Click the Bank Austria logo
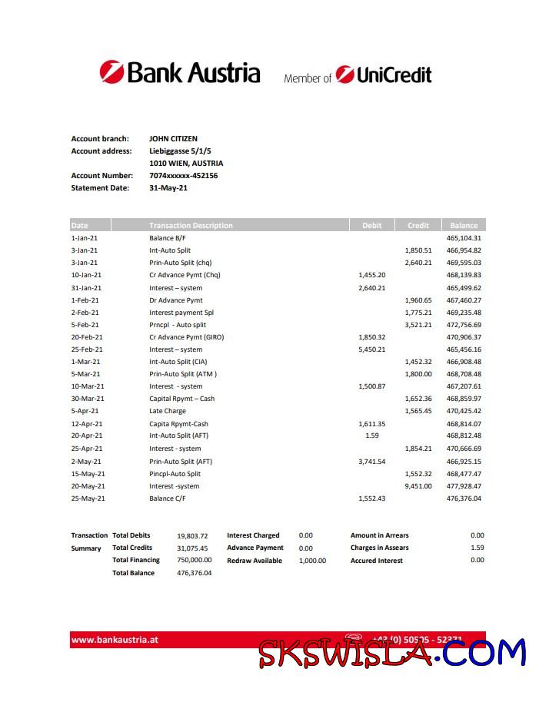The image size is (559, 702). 180,73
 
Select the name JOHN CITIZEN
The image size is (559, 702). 173,139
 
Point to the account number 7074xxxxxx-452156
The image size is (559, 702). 183,176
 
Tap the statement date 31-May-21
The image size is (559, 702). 168,188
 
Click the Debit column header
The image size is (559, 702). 371,226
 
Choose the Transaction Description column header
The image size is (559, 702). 191,226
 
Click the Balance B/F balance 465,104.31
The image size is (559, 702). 464,238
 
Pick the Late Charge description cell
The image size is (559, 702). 168,411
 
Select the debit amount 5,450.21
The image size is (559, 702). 371,349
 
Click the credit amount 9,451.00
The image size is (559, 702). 418,486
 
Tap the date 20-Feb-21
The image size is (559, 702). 86,337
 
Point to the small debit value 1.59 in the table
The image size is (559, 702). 371,436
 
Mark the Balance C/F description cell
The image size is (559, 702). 167,498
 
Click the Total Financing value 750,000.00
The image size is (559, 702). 194,561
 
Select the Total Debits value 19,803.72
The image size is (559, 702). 192,535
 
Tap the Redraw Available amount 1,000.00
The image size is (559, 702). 312,561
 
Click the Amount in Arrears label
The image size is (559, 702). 380,535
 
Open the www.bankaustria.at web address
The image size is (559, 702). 115,640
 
